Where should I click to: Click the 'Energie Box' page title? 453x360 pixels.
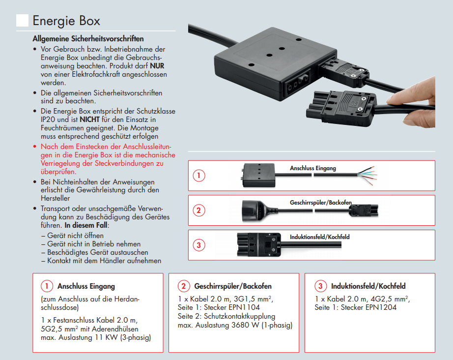66,21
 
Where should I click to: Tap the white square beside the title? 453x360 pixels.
22,20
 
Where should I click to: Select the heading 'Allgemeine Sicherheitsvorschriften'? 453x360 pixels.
88,38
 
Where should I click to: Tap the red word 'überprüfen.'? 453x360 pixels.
58,172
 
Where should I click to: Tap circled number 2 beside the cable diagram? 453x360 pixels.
198,210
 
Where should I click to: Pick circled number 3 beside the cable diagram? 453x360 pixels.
198,245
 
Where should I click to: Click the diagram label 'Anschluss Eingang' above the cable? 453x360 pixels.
313,168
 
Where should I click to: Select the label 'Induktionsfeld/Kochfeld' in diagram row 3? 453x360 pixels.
320,237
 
